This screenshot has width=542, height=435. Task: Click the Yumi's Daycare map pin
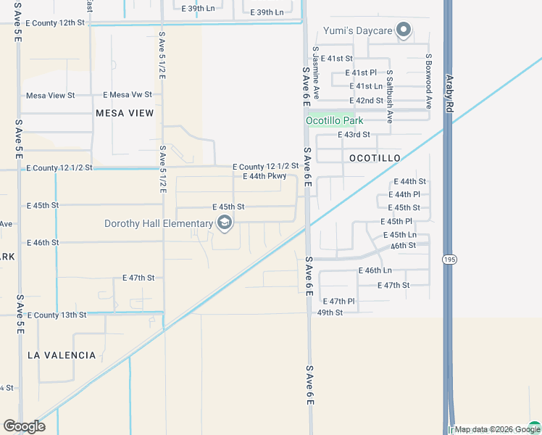pos(404,30)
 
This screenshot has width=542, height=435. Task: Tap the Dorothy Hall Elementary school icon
pos(225,223)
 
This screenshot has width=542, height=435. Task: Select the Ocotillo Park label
pos(334,121)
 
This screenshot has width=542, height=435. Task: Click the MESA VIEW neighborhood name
pos(125,113)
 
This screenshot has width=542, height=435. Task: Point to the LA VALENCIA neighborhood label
pos(62,355)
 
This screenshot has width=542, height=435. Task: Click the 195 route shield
pos(449,258)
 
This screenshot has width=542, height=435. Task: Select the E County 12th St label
pos(55,23)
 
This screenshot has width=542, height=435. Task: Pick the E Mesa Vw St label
pos(128,95)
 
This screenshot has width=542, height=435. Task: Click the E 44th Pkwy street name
pos(270,176)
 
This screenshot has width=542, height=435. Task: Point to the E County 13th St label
pos(56,315)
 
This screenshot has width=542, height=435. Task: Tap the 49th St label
pos(330,312)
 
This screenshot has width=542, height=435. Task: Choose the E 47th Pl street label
pos(339,301)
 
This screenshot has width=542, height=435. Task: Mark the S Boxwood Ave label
pos(428,80)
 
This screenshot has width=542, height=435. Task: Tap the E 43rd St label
pos(354,135)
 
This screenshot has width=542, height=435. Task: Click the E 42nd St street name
pos(366,101)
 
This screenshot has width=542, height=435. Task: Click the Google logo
pos(24,426)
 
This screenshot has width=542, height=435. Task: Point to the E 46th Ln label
pos(375,270)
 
